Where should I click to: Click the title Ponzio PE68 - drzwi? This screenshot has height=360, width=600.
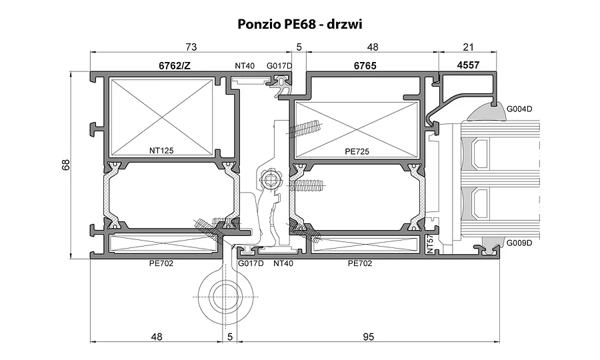(299, 24)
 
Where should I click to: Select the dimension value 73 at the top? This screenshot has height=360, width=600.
(191, 47)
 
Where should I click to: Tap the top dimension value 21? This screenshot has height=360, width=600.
(469, 47)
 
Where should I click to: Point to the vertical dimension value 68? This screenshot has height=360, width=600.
(66, 165)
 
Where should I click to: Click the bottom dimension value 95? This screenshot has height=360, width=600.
(368, 337)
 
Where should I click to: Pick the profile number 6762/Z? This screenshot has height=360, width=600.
(175, 66)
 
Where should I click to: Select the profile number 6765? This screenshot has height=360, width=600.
(365, 66)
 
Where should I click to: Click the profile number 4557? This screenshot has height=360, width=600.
(468, 65)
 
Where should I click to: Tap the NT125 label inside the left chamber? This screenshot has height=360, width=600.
(161, 151)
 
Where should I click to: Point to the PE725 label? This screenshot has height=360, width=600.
(357, 151)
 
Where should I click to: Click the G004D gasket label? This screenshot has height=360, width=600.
(519, 109)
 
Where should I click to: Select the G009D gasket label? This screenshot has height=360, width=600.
(519, 243)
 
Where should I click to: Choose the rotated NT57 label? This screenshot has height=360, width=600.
(430, 244)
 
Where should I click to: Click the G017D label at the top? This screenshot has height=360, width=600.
(279, 66)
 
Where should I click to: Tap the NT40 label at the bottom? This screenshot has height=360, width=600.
(283, 263)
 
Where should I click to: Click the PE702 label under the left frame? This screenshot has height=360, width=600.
(161, 263)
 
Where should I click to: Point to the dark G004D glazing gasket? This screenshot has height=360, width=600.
(484, 111)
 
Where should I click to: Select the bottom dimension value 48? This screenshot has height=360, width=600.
(157, 337)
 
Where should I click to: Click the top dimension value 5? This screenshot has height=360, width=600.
(299, 47)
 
